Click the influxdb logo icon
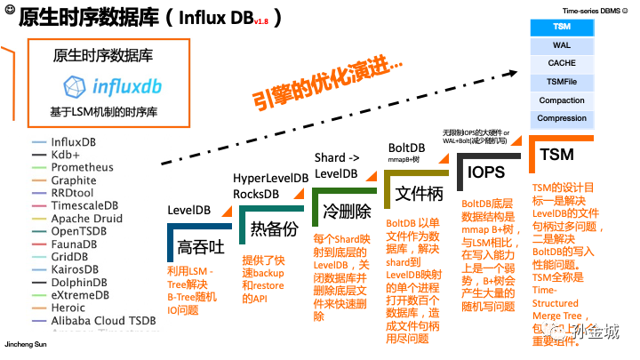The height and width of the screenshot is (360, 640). click(75, 86)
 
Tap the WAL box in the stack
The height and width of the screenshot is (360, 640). click(562, 44)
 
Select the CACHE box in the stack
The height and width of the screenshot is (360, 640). click(562, 63)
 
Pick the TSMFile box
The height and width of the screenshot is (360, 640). click(562, 82)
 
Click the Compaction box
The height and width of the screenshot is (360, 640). click(562, 100)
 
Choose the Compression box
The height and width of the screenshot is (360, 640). click(562, 118)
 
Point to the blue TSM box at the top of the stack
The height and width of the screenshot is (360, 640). click(562, 27)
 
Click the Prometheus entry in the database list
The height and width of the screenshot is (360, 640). click(82, 167)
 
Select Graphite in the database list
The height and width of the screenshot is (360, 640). click(74, 180)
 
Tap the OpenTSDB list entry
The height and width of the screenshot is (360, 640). click(79, 231)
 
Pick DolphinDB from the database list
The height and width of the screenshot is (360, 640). click(80, 282)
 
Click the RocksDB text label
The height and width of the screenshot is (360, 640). click(259, 193)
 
